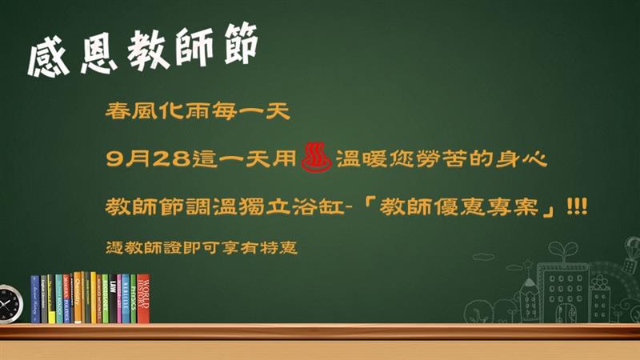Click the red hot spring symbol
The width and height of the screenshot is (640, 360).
(x=316, y=157)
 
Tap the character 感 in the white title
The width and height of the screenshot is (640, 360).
(x=49, y=56)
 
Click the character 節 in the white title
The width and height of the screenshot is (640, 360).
(x=241, y=44)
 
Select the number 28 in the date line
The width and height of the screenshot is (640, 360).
(x=172, y=158)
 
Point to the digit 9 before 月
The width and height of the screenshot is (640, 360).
(x=115, y=158)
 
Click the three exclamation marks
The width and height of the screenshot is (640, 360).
(x=577, y=206)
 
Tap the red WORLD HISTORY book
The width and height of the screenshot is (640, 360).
(x=143, y=298)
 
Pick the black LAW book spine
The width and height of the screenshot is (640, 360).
(x=113, y=298)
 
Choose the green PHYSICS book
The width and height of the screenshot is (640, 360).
(x=133, y=298)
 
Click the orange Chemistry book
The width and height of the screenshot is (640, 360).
(x=78, y=297)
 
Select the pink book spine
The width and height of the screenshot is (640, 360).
(x=119, y=298)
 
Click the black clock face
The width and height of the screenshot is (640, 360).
(x=8, y=304)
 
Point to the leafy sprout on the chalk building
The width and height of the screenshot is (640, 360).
(x=563, y=250)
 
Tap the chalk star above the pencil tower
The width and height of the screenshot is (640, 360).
(x=528, y=264)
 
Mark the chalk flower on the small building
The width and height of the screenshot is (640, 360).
(x=599, y=282)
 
